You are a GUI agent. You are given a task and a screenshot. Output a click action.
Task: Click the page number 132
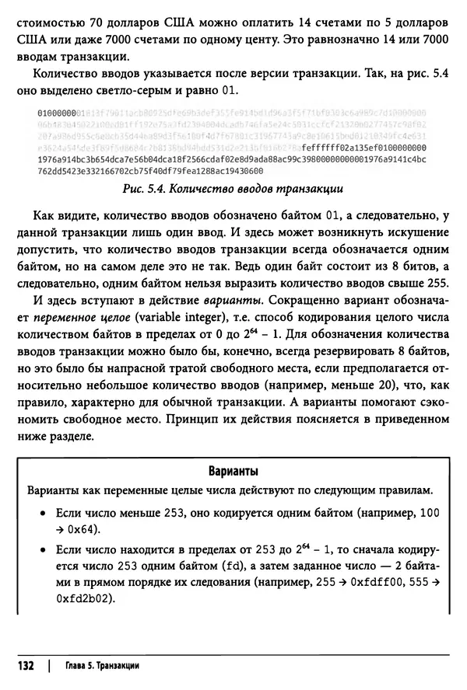(x=23, y=667)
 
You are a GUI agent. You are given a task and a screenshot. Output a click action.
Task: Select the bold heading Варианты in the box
(x=233, y=472)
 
